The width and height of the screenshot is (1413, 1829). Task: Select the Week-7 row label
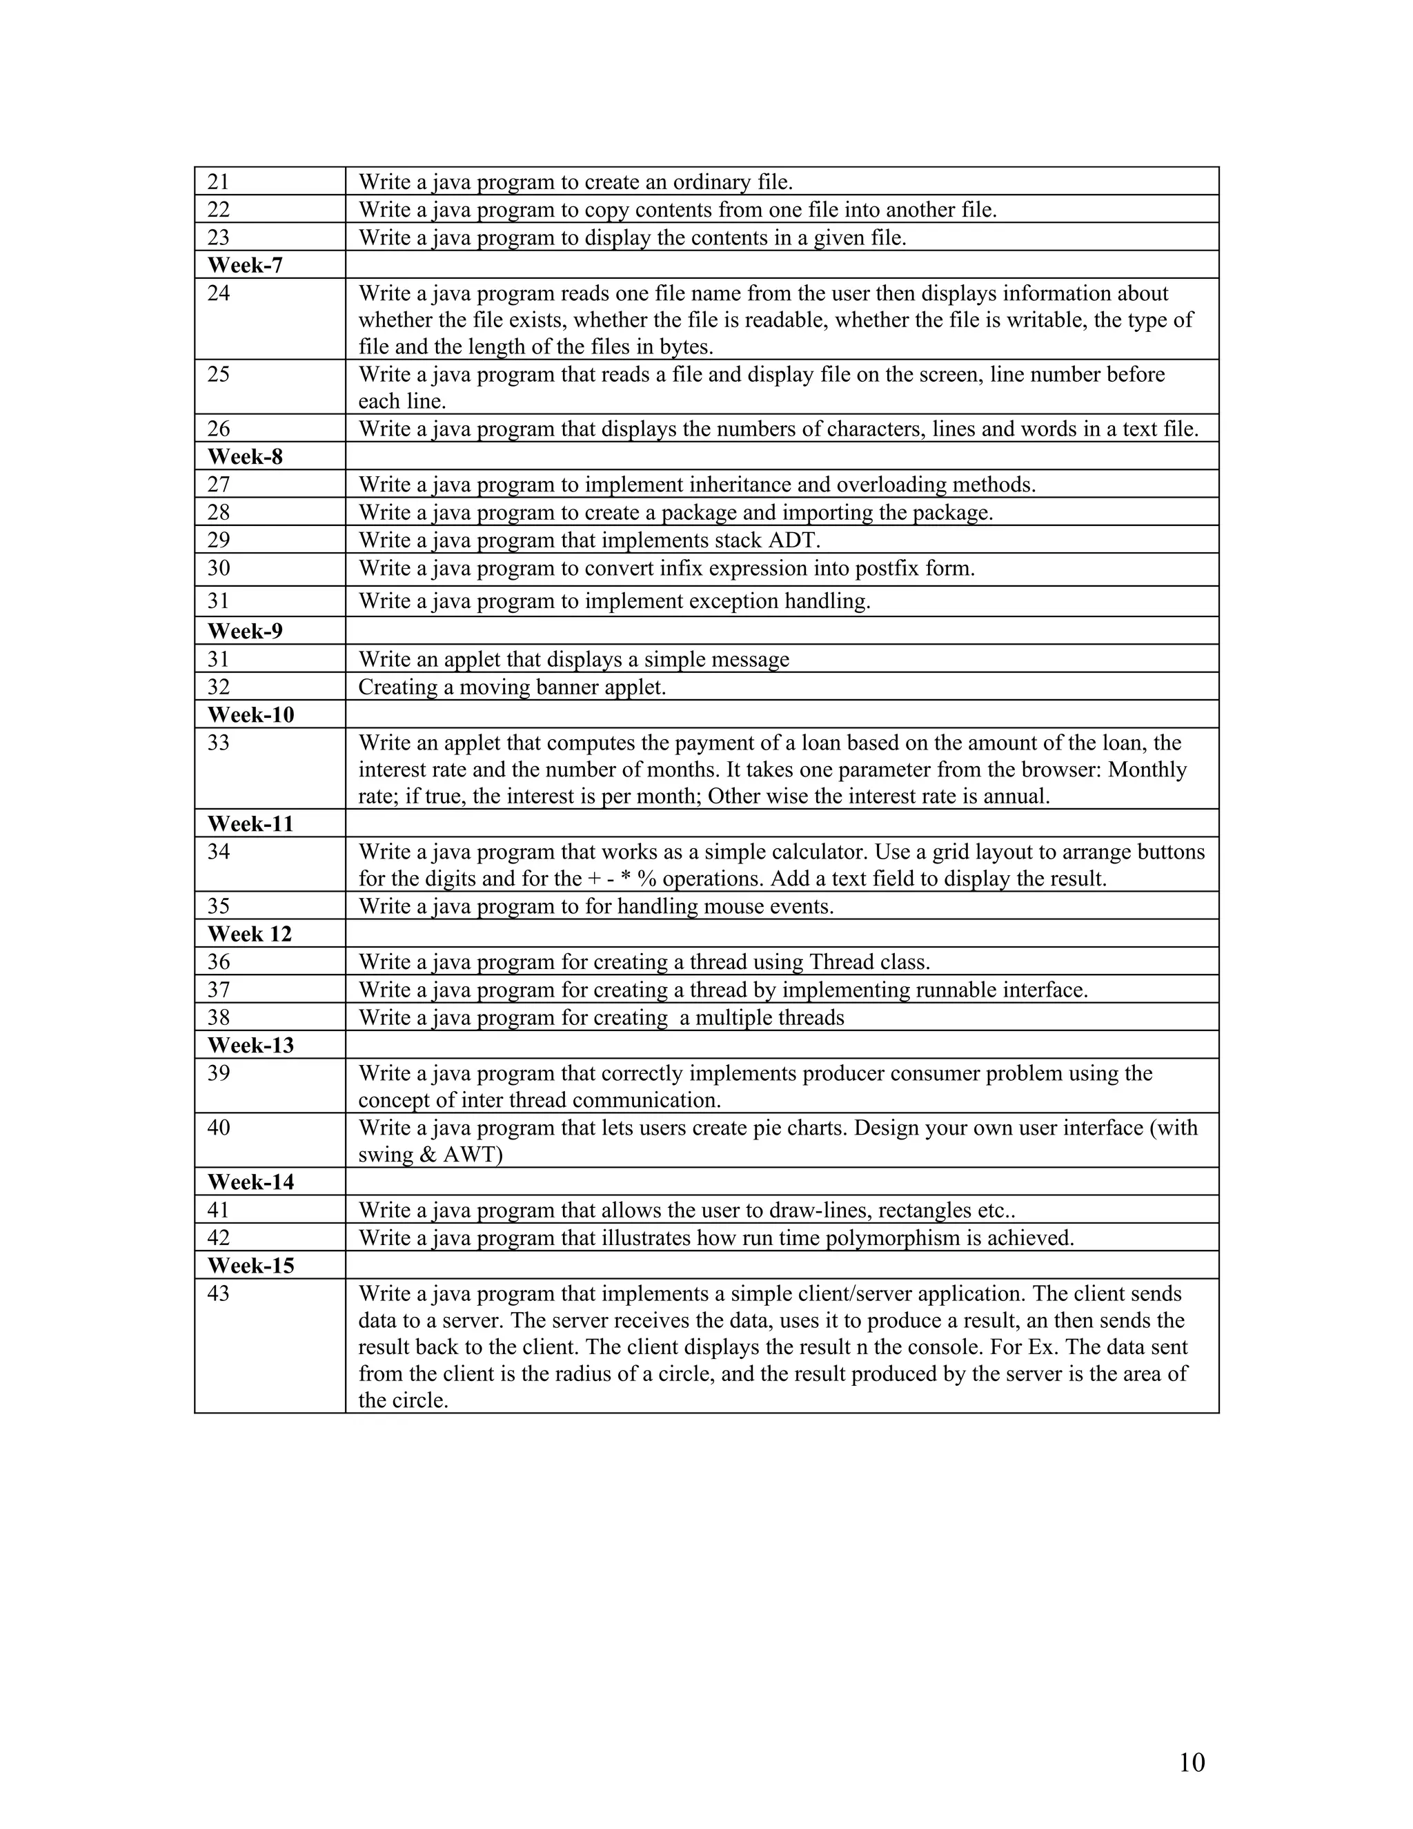tap(244, 266)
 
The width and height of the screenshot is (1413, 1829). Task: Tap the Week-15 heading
tap(250, 1265)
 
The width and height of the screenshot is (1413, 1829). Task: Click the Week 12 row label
tap(250, 934)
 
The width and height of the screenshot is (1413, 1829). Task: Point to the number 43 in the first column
tap(219, 1294)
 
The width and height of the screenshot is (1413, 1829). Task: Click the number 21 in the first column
tap(219, 182)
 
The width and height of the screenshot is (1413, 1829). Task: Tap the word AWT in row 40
tap(472, 1155)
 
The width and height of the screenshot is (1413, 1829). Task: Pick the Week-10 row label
tap(250, 715)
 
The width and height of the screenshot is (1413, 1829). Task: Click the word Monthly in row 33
tap(1147, 770)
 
